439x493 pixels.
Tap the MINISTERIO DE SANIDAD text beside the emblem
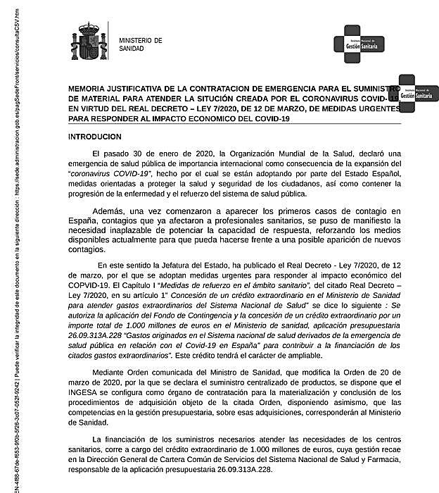[x=140, y=45]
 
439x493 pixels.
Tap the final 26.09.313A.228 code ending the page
[x=238, y=470]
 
